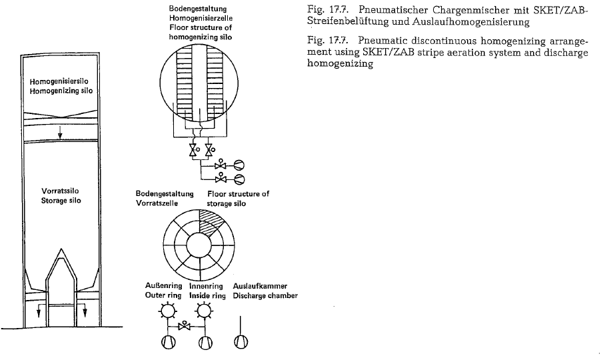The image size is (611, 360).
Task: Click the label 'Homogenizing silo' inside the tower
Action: pyautogui.click(x=61, y=91)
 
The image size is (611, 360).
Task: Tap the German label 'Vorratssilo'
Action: pyautogui.click(x=60, y=191)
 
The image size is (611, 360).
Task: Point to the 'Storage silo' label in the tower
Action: pyautogui.click(x=61, y=201)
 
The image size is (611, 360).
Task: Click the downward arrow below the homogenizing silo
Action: pyautogui.click(x=60, y=132)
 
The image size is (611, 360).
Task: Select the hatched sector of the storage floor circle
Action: pyautogui.click(x=212, y=222)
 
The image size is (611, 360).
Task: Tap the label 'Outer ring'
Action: pyautogui.click(x=163, y=295)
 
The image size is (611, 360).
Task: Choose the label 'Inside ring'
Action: pyautogui.click(x=207, y=295)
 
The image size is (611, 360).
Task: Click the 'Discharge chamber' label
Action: pyautogui.click(x=265, y=295)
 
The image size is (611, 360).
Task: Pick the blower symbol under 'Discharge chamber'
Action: pyautogui.click(x=241, y=342)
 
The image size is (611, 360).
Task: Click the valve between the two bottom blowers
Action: pyautogui.click(x=184, y=325)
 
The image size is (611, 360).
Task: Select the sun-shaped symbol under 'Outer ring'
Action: pyautogui.click(x=167, y=311)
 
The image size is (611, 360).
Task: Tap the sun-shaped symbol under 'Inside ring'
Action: pyautogui.click(x=203, y=311)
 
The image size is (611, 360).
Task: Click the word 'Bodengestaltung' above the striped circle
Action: pyautogui.click(x=198, y=9)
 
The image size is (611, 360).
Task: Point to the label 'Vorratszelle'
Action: pyautogui.click(x=157, y=203)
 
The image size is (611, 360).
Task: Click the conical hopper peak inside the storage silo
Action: pyautogui.click(x=61, y=250)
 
